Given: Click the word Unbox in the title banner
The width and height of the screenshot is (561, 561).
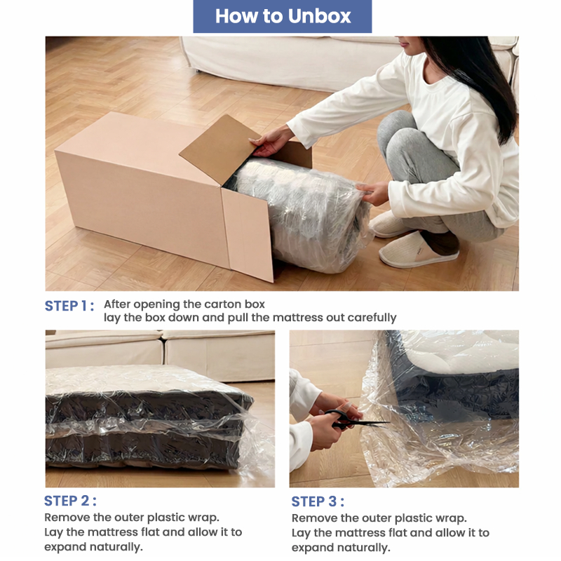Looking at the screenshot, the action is pos(320,16).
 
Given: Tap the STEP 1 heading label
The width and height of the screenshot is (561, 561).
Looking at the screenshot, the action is pos(69,306).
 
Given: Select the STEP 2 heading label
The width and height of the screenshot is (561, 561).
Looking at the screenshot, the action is pos(70,501).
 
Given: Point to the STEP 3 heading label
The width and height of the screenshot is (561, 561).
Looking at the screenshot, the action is pos(318,501).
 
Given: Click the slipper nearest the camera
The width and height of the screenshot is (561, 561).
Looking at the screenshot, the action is pos(418,250).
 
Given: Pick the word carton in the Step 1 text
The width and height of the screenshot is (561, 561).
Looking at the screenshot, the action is pos(213,304).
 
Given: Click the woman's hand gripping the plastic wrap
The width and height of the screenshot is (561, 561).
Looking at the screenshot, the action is pos(372,194).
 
